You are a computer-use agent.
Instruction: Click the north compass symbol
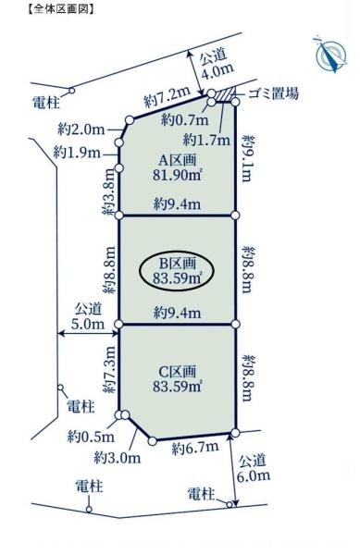point(331,55)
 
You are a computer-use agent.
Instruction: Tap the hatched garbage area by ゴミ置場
point(225,95)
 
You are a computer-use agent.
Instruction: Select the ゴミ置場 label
point(273,93)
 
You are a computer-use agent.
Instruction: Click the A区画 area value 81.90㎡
point(178,175)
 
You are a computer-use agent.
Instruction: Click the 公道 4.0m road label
point(217,63)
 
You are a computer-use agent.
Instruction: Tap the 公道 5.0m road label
point(88,316)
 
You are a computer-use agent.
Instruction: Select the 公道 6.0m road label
point(253,468)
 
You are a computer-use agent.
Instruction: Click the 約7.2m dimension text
point(168,97)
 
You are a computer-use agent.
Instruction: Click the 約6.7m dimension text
point(195,448)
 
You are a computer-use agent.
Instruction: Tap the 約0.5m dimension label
point(91,438)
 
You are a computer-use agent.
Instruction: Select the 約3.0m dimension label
point(118,458)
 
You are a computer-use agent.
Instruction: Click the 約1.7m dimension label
point(206,141)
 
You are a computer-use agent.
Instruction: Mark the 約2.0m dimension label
point(81,129)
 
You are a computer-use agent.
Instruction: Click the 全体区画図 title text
point(60,9)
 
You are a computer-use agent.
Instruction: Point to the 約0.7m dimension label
point(185,120)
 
